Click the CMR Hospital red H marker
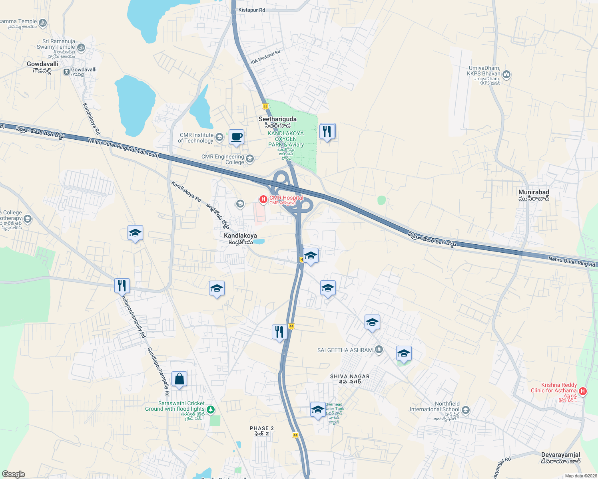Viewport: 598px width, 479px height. (263, 199)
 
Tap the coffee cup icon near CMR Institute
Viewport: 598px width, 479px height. (236, 137)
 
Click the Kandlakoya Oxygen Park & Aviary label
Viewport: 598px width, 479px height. (286, 139)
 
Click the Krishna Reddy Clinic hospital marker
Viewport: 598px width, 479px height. (583, 391)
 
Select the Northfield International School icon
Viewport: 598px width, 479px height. (465, 410)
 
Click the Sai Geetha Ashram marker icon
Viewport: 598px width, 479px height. (379, 350)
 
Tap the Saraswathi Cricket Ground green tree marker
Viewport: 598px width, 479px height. (211, 410)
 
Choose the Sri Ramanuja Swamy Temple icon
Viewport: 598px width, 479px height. (81, 48)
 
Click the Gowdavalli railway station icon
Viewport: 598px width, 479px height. (66, 71)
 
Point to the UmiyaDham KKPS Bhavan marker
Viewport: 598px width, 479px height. (506, 74)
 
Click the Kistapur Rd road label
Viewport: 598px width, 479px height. (251, 10)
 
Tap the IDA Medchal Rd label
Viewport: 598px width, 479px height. (265, 57)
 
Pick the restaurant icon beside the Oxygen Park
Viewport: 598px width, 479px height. (327, 131)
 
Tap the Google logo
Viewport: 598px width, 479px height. (13, 474)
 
